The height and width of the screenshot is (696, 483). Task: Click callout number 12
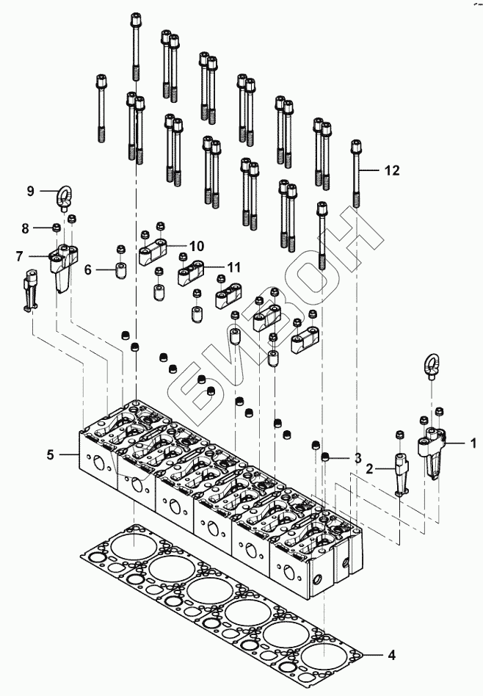pos(392,170)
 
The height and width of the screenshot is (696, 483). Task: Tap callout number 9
pos(30,192)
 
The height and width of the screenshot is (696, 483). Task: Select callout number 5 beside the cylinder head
pos(51,454)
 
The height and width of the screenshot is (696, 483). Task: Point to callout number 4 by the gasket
pos(391,655)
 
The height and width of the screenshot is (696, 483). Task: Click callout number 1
pos(473,443)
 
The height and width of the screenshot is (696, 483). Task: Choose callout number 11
pos(233,267)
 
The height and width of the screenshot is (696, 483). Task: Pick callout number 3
pos(357,458)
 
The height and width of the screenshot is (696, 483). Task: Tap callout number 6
pos(88,269)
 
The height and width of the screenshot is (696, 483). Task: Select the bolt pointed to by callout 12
pos(356,173)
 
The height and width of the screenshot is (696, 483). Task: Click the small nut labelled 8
pos(57,228)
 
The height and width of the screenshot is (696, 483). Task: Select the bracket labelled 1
pos(432,451)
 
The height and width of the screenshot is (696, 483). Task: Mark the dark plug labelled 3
pos(325,457)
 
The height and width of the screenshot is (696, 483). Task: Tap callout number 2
pos(369,468)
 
